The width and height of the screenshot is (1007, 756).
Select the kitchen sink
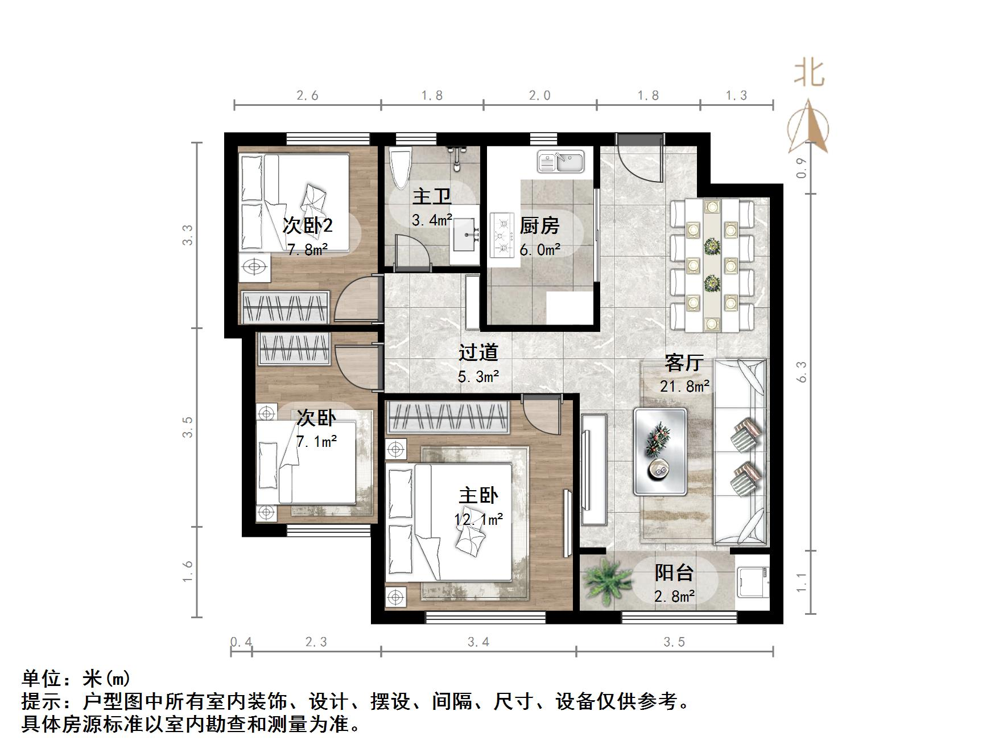click(561, 161)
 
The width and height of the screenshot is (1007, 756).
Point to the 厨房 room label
click(539, 226)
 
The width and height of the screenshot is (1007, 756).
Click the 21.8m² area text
click(684, 386)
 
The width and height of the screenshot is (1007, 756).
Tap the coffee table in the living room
click(660, 450)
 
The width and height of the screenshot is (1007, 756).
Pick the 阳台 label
click(674, 573)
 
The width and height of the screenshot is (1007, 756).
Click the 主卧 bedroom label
click(478, 496)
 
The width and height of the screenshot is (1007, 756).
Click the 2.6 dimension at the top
click(307, 96)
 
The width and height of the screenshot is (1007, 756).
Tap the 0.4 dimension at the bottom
click(241, 642)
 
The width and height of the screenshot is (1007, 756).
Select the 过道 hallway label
click(478, 352)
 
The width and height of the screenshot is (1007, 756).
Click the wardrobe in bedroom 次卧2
click(286, 307)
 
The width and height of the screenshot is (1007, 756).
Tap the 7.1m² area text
click(316, 441)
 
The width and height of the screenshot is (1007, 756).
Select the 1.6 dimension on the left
click(188, 572)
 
